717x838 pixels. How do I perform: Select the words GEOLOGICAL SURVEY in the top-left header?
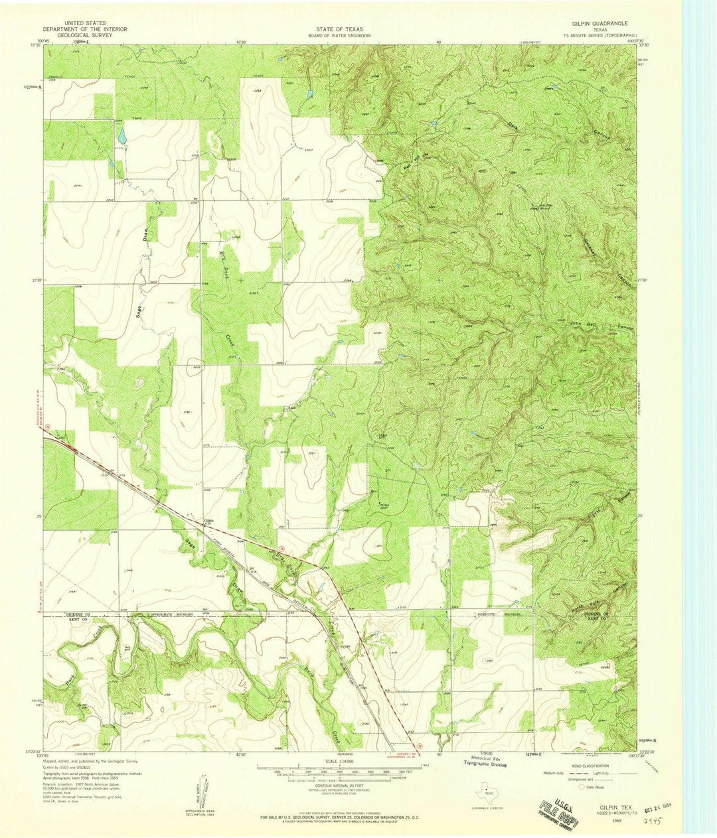[78, 35]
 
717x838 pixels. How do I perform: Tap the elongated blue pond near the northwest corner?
[121, 136]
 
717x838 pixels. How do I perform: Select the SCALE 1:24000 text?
[339, 761]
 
